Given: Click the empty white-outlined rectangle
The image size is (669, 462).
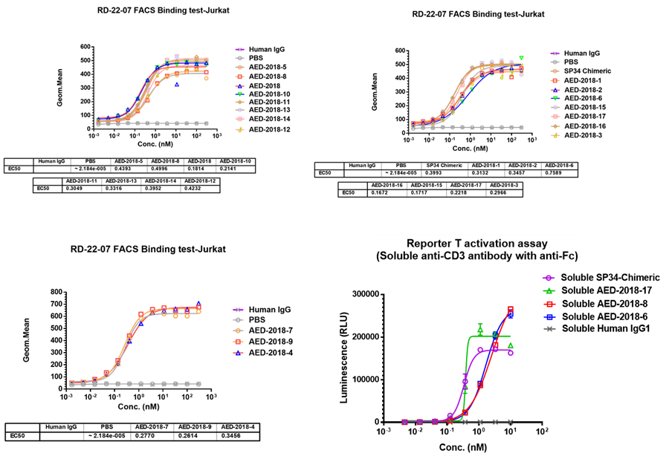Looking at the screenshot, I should [x=477, y=250].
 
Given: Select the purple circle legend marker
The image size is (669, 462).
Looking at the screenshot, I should [x=549, y=278].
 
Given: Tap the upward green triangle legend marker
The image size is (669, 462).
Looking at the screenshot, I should [x=549, y=291].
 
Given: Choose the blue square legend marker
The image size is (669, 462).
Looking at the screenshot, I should [x=549, y=317].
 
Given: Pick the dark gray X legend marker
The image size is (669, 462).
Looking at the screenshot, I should [x=549, y=328].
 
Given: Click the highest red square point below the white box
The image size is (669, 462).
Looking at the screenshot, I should [x=511, y=309].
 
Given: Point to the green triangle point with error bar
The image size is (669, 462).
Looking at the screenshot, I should [x=480, y=328].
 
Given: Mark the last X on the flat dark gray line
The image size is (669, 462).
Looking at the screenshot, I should [x=510, y=422].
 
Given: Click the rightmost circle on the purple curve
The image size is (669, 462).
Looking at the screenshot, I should [x=511, y=353].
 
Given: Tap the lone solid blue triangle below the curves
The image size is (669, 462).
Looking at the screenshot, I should [x=176, y=85].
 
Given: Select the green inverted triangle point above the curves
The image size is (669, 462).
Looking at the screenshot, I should [x=521, y=58].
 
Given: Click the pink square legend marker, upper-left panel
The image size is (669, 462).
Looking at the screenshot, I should [x=239, y=119].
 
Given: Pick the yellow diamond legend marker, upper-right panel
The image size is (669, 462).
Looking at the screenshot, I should [x=555, y=135].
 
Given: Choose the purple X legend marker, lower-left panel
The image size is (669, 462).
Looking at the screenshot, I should [x=238, y=310].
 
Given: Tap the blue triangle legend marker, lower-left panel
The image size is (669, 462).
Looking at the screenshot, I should [x=238, y=353].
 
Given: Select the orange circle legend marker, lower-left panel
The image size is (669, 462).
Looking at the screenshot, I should [x=238, y=331].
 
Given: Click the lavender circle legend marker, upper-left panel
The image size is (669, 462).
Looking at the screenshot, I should [x=239, y=110].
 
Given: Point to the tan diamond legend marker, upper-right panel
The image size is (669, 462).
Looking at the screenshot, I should [x=555, y=126].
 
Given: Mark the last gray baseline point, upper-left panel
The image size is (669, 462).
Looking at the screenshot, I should [x=207, y=123].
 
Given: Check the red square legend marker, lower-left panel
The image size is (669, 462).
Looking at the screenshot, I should [x=238, y=342].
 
